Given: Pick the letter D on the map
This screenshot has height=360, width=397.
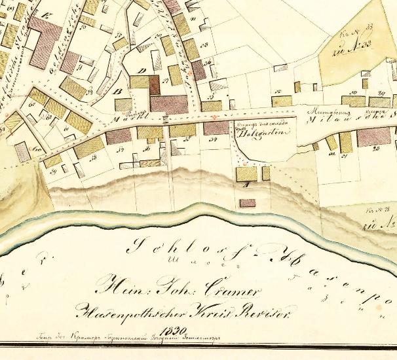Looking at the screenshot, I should [143, 71].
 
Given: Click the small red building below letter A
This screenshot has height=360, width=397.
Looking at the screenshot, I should [247, 203].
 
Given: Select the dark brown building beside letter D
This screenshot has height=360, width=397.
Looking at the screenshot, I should [155, 84].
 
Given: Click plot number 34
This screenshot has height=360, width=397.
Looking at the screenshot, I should [212, 139].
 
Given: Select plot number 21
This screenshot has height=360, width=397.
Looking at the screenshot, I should [343, 156].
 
